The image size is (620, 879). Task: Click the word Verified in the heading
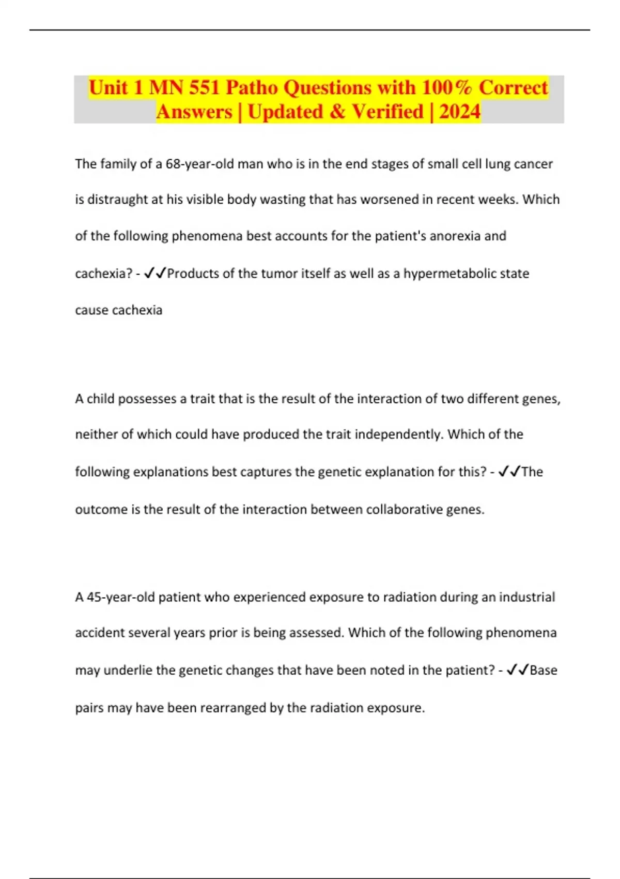pos(388,112)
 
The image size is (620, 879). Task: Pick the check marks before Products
pos(155,273)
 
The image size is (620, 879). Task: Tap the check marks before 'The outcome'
pos(509,472)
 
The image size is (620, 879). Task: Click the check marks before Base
pos(517,670)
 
